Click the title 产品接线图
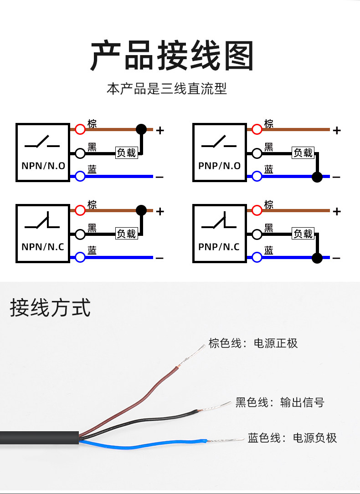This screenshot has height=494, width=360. click(172, 56)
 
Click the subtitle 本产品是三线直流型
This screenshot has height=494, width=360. click(167, 88)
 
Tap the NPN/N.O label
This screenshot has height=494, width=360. click(43, 166)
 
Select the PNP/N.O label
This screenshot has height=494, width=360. click(219, 166)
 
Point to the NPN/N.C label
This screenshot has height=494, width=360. click(43, 247)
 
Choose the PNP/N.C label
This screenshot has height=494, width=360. click(219, 247)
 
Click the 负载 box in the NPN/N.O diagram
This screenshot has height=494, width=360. click(126, 153)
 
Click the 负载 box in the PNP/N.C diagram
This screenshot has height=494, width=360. click(303, 234)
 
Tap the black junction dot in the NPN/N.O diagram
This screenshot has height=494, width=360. click(141, 129)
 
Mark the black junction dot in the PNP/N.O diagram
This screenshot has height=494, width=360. click(317, 177)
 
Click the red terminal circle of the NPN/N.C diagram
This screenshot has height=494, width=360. click(80, 210)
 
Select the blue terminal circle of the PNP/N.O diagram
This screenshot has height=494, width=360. click(257, 177)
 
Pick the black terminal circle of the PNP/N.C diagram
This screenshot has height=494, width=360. click(257, 234)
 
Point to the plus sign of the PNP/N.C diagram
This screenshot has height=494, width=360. click(337, 211)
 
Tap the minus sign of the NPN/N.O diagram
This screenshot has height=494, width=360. click(160, 177)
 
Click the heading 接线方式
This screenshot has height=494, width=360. click(50, 308)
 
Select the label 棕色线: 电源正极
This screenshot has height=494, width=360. click(253, 343)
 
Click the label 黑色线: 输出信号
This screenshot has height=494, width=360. click(280, 402)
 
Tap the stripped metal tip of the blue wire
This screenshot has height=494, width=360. click(226, 440)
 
